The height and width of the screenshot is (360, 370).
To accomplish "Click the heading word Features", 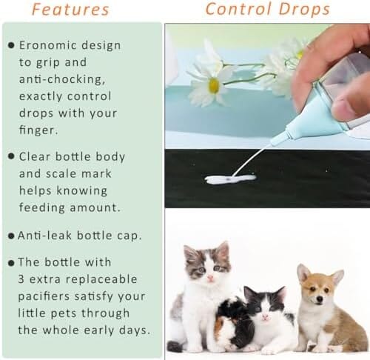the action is point(70,10).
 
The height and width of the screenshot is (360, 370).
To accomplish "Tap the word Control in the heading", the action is point(239,9).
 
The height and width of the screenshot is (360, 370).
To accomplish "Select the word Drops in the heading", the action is point(304,10).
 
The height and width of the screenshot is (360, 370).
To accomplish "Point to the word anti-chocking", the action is point(62,79).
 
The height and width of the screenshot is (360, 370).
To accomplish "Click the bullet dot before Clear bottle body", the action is point(11,156).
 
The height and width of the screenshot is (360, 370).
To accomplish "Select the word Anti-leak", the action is point(44,236).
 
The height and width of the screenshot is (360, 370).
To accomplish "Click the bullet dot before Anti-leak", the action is point(11,236).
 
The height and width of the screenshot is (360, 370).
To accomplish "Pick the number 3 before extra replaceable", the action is point(21,279).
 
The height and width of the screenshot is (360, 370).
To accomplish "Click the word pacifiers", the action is point(44,296).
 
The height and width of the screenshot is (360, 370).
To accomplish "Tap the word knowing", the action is point(82,191).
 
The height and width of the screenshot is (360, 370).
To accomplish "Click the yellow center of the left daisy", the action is point(214,85).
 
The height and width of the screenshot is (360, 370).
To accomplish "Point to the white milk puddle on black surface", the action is point(230,179).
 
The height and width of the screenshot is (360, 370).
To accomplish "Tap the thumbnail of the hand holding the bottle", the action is point(346,106).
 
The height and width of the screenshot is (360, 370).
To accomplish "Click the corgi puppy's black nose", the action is point(320,299).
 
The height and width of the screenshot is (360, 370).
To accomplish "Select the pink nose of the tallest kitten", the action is point(210,279).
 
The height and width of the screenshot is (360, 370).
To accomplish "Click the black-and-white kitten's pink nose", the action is point(265,316).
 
